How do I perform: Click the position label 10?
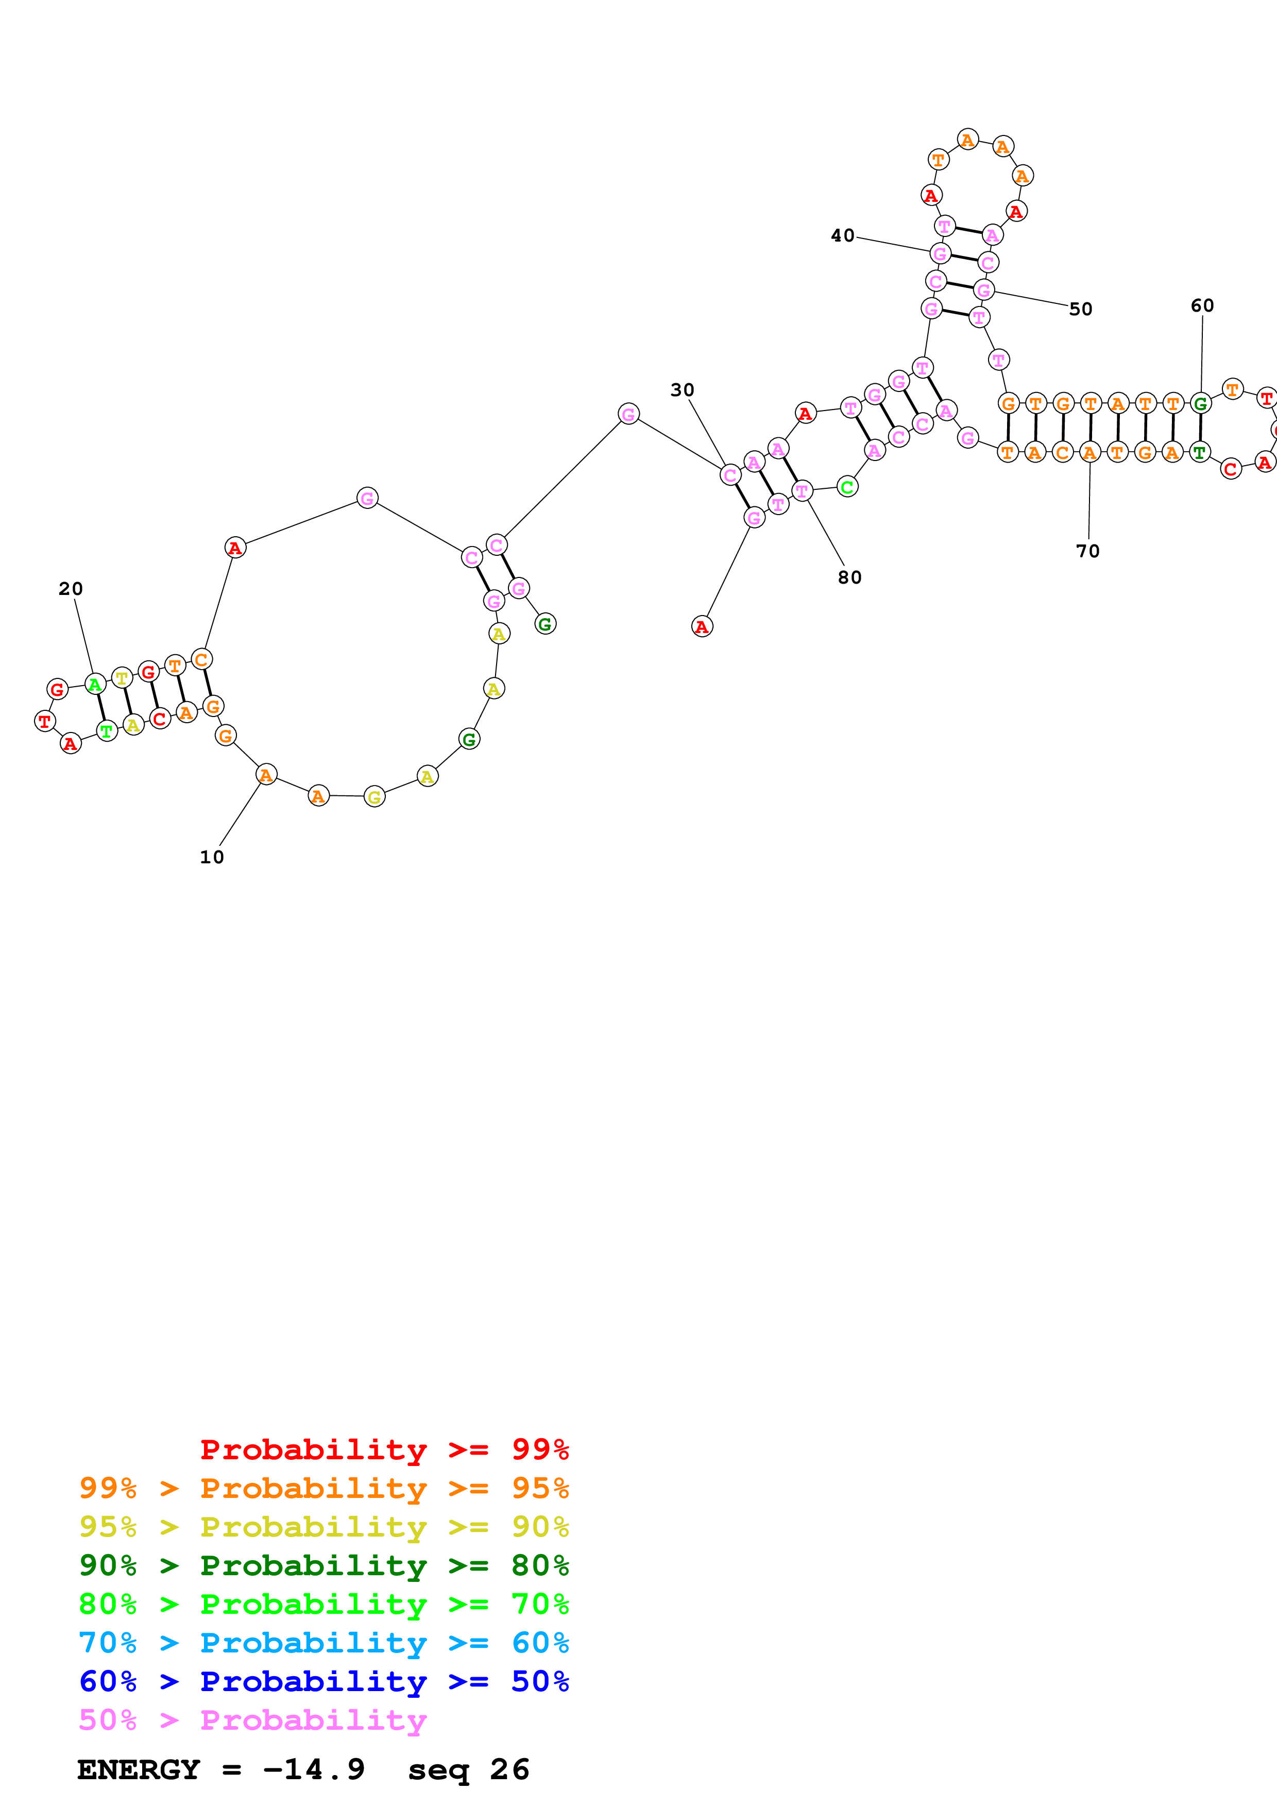[212, 857]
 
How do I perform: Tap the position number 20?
[71, 589]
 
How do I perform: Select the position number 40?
[843, 235]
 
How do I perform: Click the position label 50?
[1080, 309]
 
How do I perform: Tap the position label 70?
[1088, 551]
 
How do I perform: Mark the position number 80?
[850, 577]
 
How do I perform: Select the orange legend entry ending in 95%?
[324, 1488]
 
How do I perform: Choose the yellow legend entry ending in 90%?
[324, 1526]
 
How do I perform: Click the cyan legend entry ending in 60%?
[324, 1643]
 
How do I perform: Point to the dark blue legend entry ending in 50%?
[324, 1681]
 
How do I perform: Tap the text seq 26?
[469, 1769]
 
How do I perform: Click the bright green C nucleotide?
[847, 487]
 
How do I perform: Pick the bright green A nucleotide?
[95, 685]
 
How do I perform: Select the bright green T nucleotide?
[107, 731]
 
